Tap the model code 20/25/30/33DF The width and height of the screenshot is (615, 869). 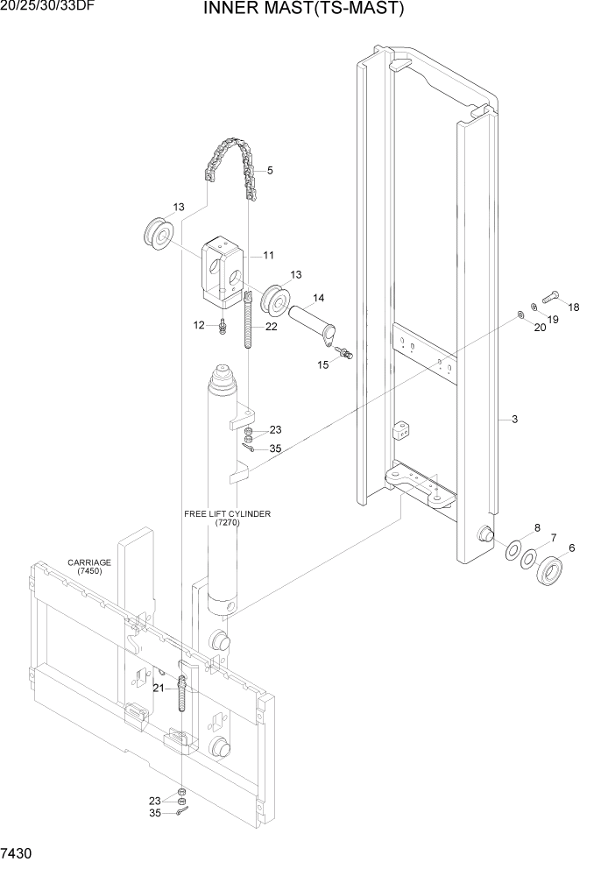coord(47,6)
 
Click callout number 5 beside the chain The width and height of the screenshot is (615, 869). coord(269,170)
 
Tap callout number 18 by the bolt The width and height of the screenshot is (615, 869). coord(574,307)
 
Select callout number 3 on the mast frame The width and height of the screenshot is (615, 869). coord(514,420)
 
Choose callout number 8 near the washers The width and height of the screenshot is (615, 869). coord(536,527)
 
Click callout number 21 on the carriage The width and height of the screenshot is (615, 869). coord(158,688)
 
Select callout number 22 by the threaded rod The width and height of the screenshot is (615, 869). coord(271,326)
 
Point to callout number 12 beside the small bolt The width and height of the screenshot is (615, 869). coord(199,325)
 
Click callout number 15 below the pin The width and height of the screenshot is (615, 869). coord(323,364)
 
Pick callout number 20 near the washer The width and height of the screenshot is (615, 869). coord(540,328)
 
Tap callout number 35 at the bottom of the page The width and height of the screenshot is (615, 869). coord(156,814)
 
